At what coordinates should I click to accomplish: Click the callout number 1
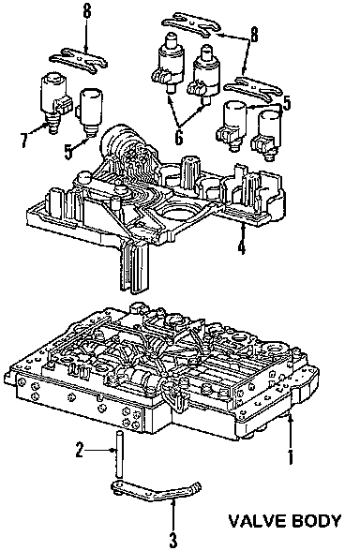290,456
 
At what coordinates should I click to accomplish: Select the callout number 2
80,450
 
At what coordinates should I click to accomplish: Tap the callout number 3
172,540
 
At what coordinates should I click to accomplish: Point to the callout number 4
241,246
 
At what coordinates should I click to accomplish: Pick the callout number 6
178,137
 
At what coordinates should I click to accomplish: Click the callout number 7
24,141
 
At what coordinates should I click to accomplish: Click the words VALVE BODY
285,520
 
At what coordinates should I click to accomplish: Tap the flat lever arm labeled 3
156,492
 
